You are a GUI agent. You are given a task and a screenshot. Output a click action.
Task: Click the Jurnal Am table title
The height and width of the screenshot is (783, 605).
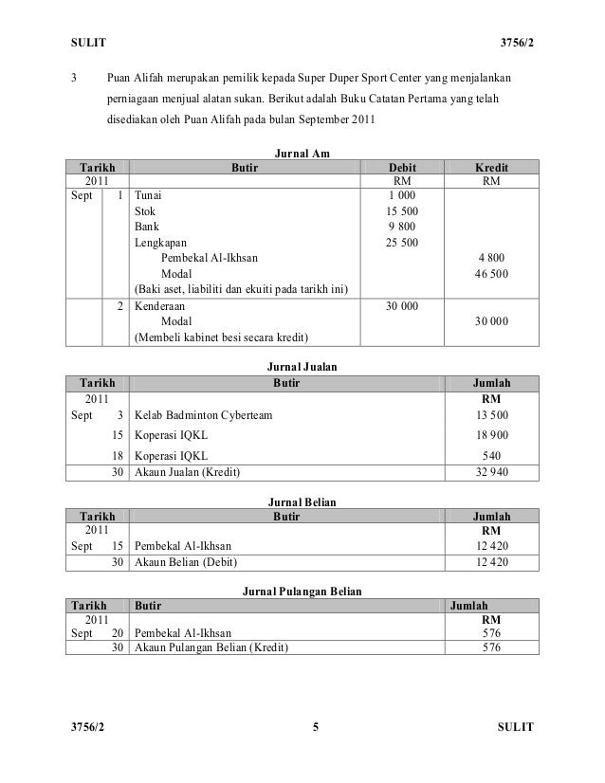pos(302,153)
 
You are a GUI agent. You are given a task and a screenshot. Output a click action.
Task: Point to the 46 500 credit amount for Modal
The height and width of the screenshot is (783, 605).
pos(489,273)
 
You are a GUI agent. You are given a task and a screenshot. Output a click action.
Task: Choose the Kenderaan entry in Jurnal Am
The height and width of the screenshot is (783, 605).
pos(160,306)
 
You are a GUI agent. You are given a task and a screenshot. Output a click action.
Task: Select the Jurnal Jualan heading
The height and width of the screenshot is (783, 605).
pos(302,366)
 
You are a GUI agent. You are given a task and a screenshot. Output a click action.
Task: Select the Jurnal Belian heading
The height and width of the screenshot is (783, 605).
pos(302,500)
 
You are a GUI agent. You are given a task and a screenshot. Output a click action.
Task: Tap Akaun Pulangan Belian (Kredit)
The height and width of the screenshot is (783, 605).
pos(211,648)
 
